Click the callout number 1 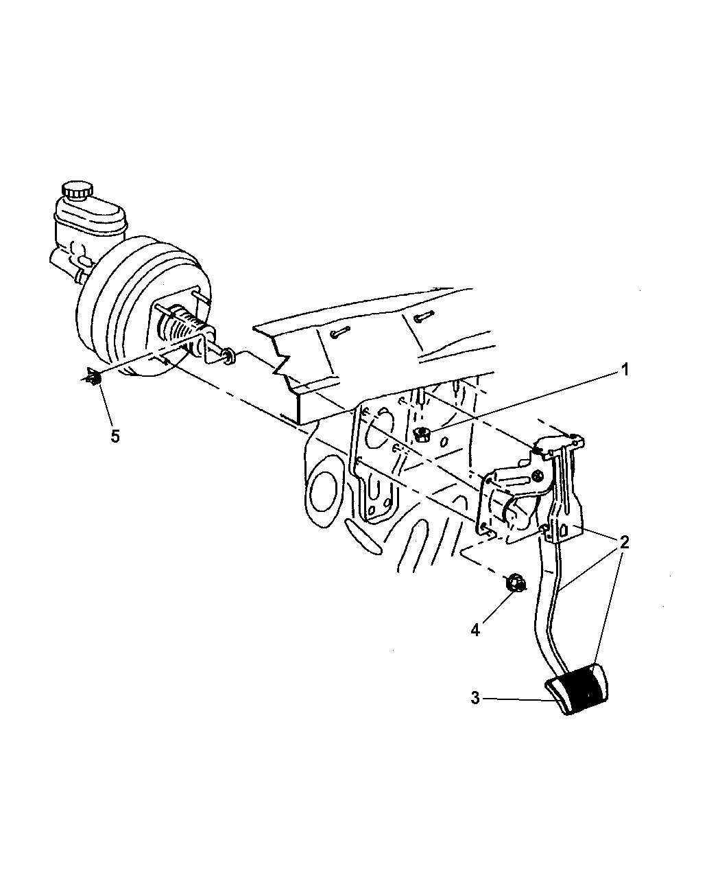625,370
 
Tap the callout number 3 475,698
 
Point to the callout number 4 475,642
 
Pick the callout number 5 115,436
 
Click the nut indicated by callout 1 420,434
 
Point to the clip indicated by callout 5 94,378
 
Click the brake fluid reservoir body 89,223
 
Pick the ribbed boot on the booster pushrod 180,327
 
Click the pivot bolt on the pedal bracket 538,475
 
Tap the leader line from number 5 106,406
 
